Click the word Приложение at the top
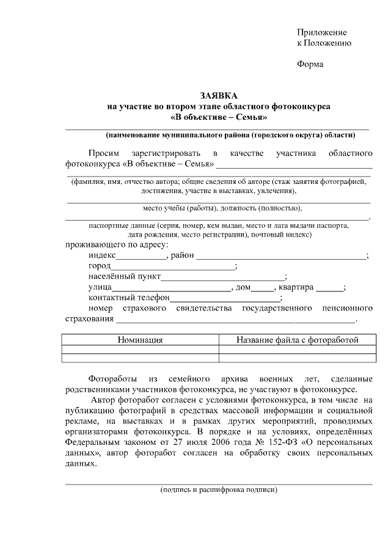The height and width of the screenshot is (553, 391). pyautogui.click(x=322, y=32)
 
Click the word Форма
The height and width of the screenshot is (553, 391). pyautogui.click(x=310, y=64)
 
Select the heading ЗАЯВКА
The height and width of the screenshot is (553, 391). pyautogui.click(x=218, y=96)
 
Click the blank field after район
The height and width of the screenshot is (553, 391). pyautogui.click(x=280, y=256)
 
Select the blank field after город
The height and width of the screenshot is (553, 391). pyautogui.click(x=173, y=267)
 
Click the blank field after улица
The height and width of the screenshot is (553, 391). pyautogui.click(x=170, y=288)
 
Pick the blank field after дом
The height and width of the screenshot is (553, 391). pyautogui.click(x=263, y=288)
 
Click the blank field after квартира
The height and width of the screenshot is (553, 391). pyautogui.click(x=329, y=288)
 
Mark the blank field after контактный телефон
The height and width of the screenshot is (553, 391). pyautogui.click(x=225, y=298)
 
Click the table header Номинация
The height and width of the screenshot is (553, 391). pyautogui.click(x=140, y=340)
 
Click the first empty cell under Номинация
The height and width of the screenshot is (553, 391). pyautogui.click(x=140, y=350)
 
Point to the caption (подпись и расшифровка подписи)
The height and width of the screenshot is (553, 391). pyautogui.click(x=219, y=490)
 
